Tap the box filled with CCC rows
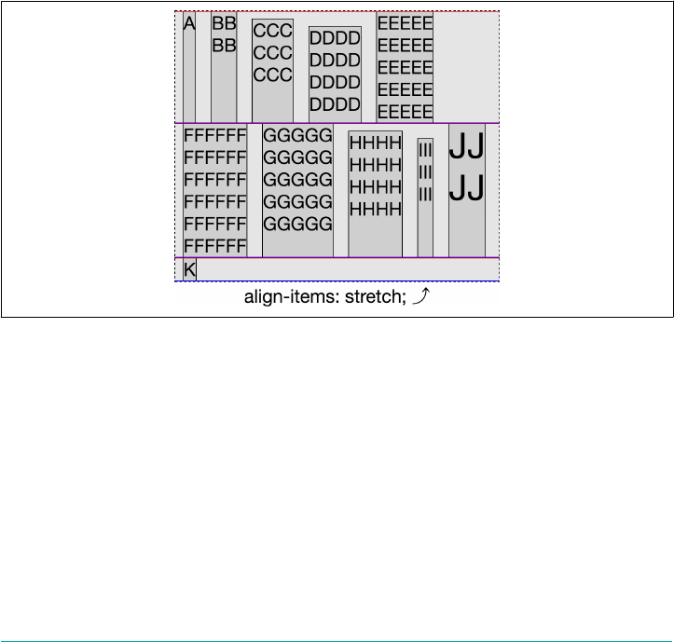click(x=273, y=70)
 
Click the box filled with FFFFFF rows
click(x=215, y=190)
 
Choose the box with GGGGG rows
click(x=297, y=190)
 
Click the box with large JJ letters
click(x=467, y=190)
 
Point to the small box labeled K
click(x=189, y=270)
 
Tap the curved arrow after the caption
click(x=421, y=297)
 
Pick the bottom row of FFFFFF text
click(x=215, y=246)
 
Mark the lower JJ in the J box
click(x=467, y=190)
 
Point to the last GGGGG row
click(x=297, y=224)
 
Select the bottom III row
click(x=425, y=194)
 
